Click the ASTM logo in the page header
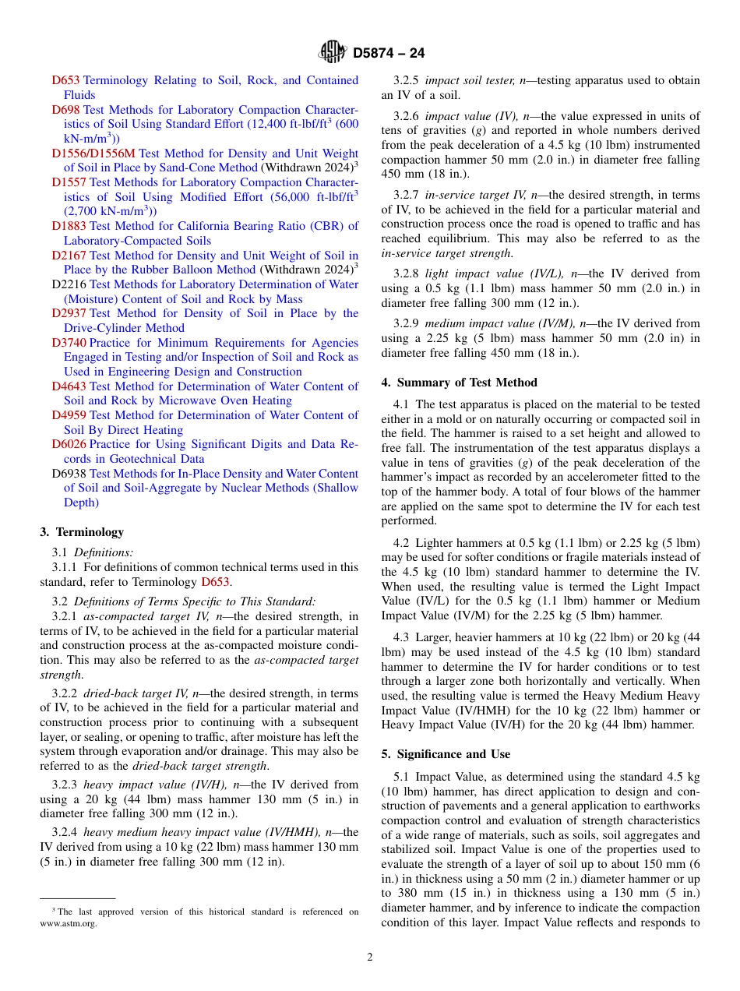[x=333, y=53]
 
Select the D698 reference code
[x=66, y=110]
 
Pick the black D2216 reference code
[x=69, y=284]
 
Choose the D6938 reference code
[x=69, y=474]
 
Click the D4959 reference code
[x=69, y=415]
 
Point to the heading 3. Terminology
[x=82, y=532]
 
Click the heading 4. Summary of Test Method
[x=459, y=383]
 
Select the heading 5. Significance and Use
[x=446, y=754]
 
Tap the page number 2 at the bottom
[x=370, y=957]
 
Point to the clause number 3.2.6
[x=407, y=116]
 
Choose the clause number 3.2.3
[x=65, y=785]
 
